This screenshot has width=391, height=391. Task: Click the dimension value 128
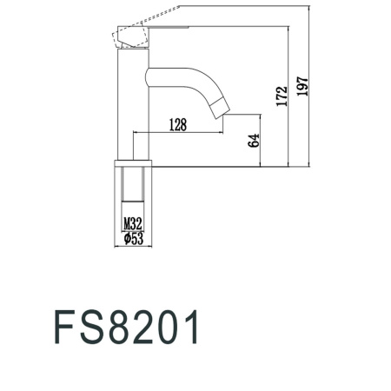pos(177,125)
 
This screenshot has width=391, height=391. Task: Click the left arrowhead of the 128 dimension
pos(136,132)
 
